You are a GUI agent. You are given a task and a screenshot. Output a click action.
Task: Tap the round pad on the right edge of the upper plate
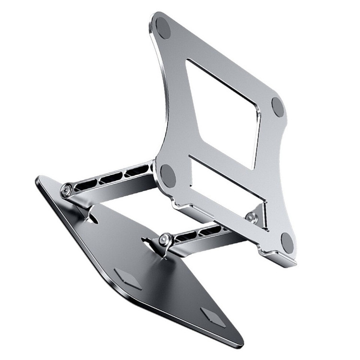(x=278, y=107)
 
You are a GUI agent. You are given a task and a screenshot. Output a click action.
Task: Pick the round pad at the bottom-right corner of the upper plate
(x=287, y=242)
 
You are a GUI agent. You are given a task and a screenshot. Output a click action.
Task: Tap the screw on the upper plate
(x=251, y=216)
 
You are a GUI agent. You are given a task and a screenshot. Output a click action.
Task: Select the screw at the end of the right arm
(x=166, y=239)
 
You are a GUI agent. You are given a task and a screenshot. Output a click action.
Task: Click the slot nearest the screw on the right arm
(x=187, y=235)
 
